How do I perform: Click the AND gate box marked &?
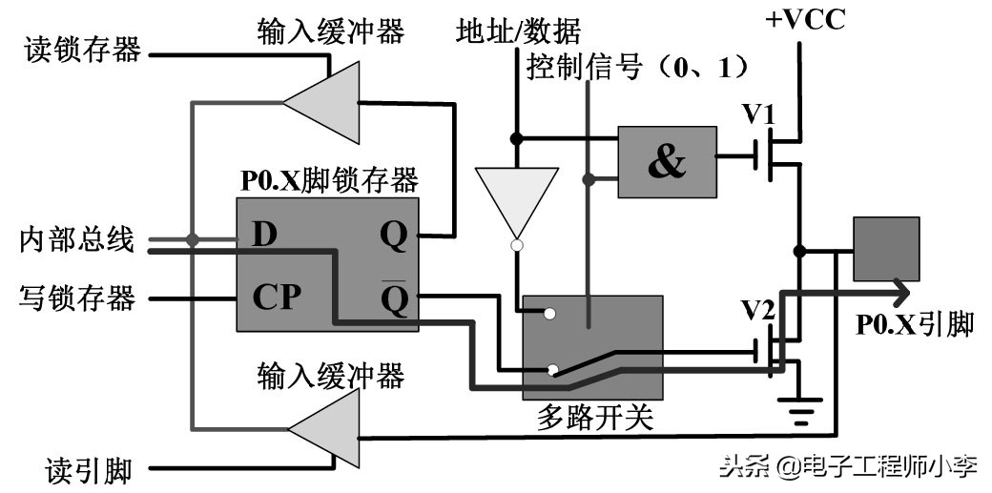click(667, 161)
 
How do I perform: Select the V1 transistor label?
click(760, 114)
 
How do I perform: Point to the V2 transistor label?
click(760, 310)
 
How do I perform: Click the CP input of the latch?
click(277, 298)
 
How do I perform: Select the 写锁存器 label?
click(77, 298)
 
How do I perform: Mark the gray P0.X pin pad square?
click(886, 248)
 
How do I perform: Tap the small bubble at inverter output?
click(516, 246)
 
